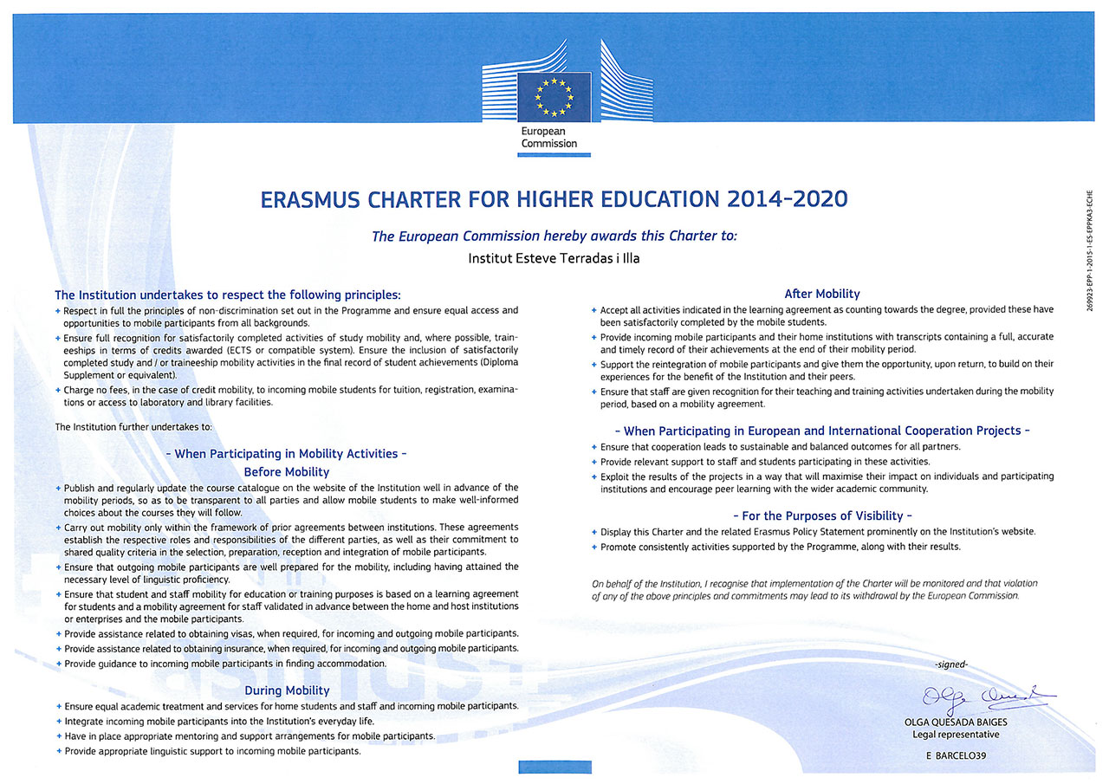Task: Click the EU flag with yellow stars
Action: (554, 96)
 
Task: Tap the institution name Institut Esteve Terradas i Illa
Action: (554, 257)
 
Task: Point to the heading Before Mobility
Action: (287, 472)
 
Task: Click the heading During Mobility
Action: (287, 690)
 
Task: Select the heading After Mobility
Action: (821, 294)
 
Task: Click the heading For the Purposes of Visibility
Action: (821, 515)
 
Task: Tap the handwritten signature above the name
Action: (987, 697)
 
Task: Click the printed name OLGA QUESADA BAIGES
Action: (956, 721)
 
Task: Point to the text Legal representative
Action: (956, 735)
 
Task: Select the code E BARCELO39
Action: (956, 756)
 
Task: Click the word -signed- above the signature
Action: (951, 665)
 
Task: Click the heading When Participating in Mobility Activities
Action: (287, 454)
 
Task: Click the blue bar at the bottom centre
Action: (554, 767)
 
